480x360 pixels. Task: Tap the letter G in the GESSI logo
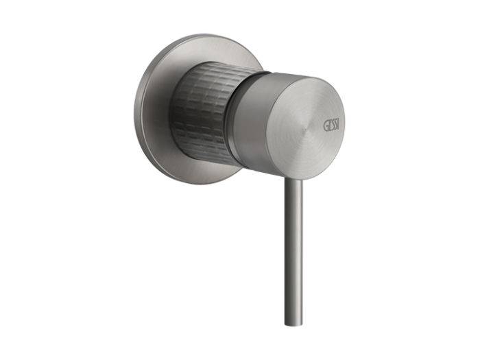pos(326,126)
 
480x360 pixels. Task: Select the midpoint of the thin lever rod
pos(294,252)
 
